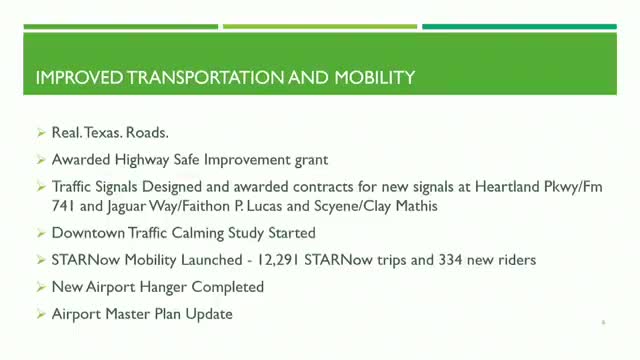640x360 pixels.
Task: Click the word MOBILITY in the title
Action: pos(375,78)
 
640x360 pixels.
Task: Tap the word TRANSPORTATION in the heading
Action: pos(205,78)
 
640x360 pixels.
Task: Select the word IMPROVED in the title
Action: pos(79,78)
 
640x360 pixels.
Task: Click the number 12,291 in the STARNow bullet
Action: pos(278,260)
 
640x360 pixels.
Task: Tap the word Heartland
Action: pos(507,187)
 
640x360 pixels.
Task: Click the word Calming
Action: pos(198,233)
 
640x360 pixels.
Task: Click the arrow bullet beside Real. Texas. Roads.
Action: pos(41,133)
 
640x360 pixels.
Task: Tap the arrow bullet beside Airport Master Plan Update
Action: pos(41,314)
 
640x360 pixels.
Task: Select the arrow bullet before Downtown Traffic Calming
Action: pos(41,233)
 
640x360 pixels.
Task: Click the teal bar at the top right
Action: pos(520,27)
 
